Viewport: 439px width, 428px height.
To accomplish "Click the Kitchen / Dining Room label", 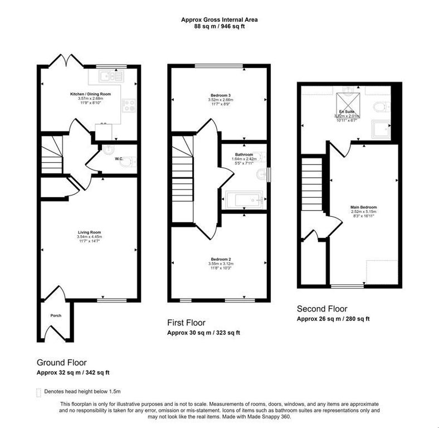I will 90,94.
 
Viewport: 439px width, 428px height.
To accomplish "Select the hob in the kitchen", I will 128,106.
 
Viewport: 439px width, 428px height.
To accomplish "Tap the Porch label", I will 55,315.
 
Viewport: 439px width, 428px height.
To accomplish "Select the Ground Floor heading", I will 61,362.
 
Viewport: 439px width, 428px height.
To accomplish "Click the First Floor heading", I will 186,323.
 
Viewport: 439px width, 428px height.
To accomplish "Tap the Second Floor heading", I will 321,309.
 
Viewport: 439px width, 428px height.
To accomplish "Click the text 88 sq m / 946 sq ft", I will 219,26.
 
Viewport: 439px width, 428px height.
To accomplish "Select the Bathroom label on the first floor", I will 243,154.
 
